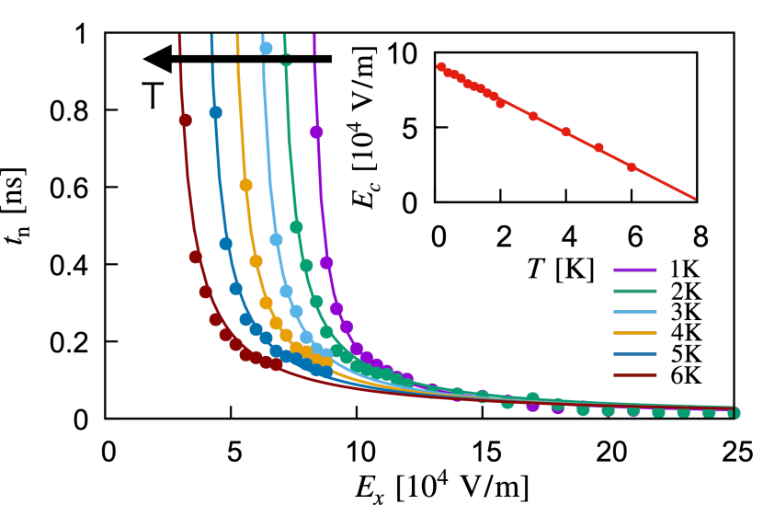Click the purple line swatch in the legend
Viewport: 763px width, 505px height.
[634, 270]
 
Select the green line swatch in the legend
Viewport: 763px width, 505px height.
[634, 291]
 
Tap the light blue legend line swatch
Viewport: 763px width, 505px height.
[634, 312]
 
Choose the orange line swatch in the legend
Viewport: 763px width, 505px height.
[634, 333]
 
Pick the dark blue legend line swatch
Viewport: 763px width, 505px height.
[634, 354]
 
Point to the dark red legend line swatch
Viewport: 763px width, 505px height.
[634, 375]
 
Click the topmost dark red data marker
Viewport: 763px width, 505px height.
[186, 121]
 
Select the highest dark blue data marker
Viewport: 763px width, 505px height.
[216, 112]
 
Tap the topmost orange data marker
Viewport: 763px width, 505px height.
[246, 185]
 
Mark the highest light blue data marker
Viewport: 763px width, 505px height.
[266, 48]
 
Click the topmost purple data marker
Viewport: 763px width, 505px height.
[316, 132]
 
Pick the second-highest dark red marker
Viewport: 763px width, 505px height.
[196, 257]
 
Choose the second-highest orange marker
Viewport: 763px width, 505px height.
[256, 261]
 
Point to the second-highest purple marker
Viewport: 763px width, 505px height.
[326, 263]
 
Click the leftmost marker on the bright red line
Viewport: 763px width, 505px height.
[441, 67]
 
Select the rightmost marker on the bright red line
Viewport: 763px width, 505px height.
[632, 167]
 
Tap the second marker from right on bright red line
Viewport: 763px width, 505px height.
[598, 148]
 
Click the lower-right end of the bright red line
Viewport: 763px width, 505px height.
[694, 198]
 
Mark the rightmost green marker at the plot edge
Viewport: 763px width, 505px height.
[734, 413]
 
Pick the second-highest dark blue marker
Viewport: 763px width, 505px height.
[226, 244]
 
